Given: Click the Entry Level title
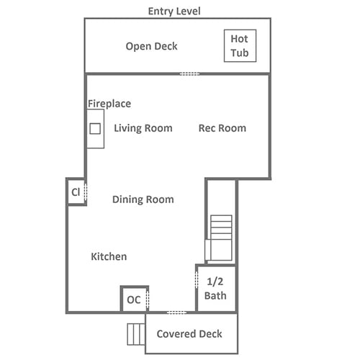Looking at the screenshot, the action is pyautogui.click(x=174, y=12).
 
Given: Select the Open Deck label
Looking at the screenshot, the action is pyautogui.click(x=151, y=46).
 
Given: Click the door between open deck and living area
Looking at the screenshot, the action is pyautogui.click(x=189, y=73).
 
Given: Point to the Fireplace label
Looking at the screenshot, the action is pyautogui.click(x=109, y=104).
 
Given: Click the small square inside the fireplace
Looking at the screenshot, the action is pyautogui.click(x=95, y=129).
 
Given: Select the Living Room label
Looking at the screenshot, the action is pyautogui.click(x=143, y=128).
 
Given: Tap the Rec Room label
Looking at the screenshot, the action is pyautogui.click(x=222, y=128).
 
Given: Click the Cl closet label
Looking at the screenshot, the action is pyautogui.click(x=76, y=192).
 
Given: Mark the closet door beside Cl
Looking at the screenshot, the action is pyautogui.click(x=86, y=192).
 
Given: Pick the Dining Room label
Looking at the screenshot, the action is pyautogui.click(x=143, y=199).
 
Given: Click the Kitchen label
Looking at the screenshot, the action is pyautogui.click(x=109, y=256).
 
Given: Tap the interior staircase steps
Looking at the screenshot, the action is pyautogui.click(x=221, y=238).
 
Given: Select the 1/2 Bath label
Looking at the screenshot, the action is pyautogui.click(x=215, y=289).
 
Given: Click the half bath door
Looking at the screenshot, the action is pyautogui.click(x=197, y=280).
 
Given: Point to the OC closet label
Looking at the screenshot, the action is pyautogui.click(x=134, y=300).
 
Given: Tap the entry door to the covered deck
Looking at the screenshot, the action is pyautogui.click(x=176, y=312).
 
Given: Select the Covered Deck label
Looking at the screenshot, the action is pyautogui.click(x=189, y=334).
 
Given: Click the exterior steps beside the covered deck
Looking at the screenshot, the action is pyautogui.click(x=136, y=334).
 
